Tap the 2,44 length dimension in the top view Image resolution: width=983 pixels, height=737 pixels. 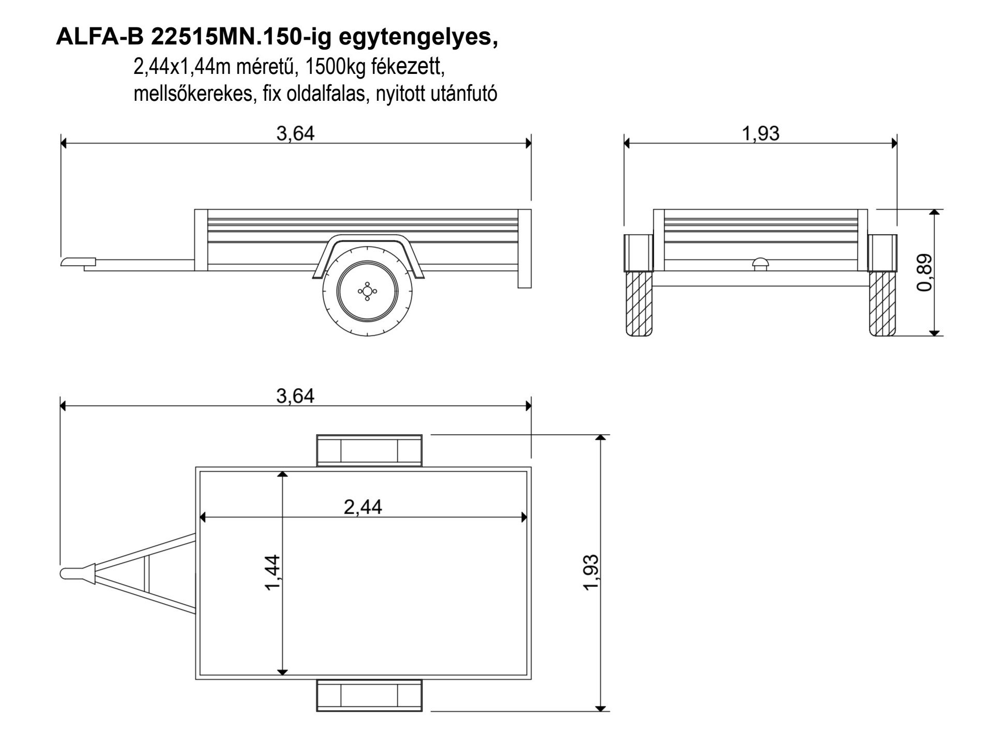coord(363,507)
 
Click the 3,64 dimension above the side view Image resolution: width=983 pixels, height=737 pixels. coord(295,134)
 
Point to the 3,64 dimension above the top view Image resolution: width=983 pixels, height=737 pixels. coord(295,396)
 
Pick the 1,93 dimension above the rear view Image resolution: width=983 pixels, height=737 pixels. coord(761,134)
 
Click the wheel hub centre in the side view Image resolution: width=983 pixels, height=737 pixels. coord(367,291)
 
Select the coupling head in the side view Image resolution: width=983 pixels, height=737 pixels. coord(78,262)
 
